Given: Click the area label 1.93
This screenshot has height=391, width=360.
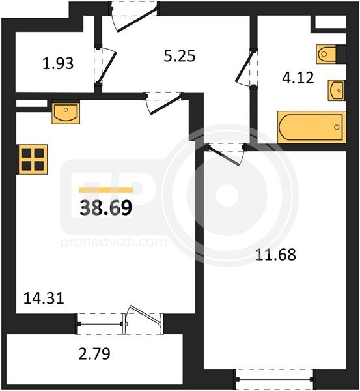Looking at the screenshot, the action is click(58, 63).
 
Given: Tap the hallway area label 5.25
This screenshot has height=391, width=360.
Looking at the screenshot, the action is click(180, 56).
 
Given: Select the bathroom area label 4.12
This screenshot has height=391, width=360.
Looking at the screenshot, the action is click(298, 78).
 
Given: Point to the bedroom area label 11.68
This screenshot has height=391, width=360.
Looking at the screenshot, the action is click(275, 255).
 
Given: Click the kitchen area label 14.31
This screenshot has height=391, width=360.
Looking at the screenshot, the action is click(44, 298).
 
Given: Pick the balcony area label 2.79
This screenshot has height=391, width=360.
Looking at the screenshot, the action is click(94, 354).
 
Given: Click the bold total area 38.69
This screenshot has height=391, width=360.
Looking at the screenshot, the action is click(105, 208).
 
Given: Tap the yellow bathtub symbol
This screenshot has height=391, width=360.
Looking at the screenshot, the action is click(312, 127).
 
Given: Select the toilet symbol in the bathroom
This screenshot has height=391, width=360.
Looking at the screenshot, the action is click(326, 54).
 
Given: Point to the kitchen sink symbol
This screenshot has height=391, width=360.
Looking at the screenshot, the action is click(66, 112).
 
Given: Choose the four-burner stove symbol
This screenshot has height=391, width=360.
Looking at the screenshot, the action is click(32, 159).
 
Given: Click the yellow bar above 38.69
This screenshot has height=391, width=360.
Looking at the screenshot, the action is click(106, 190).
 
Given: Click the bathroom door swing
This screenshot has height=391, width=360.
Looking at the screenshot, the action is click(246, 68).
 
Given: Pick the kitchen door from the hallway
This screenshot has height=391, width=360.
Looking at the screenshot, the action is click(163, 103).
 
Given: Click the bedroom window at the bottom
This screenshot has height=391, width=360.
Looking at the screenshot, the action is click(275, 379).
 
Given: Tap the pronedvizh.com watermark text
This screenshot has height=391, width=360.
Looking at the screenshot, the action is click(114, 242).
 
